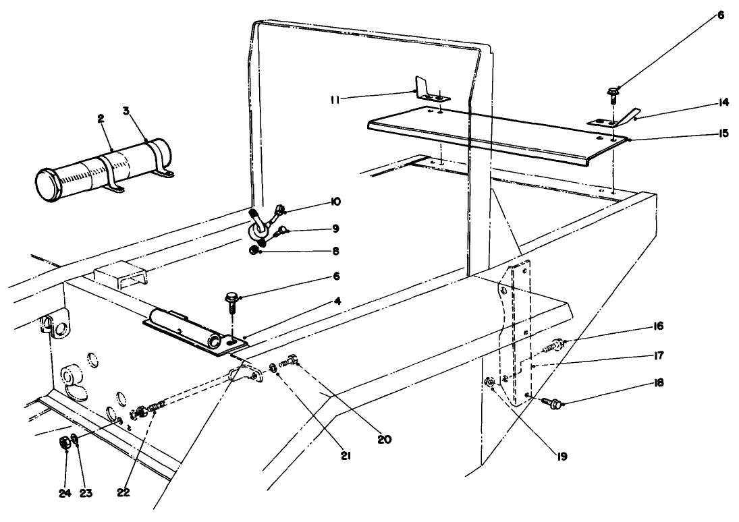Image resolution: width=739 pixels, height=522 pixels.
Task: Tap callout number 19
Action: (562, 456)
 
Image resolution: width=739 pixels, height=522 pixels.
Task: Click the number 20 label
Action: (385, 440)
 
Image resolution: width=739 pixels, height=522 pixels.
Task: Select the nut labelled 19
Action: (491, 384)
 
